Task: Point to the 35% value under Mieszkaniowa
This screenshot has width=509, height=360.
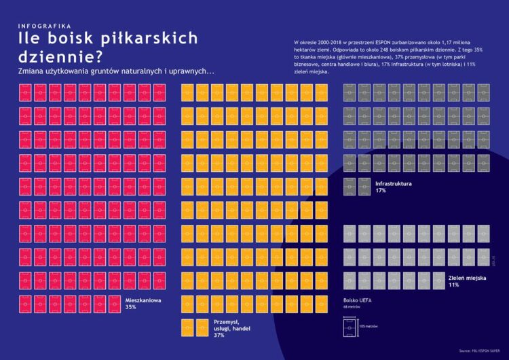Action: coord(131,307)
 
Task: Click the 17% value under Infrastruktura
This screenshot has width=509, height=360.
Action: coord(380,191)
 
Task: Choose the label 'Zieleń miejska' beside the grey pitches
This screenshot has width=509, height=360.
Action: coord(468,277)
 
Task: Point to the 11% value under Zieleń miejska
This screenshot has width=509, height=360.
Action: coord(453,285)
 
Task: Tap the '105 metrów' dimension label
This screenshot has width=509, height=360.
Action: coord(367,327)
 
